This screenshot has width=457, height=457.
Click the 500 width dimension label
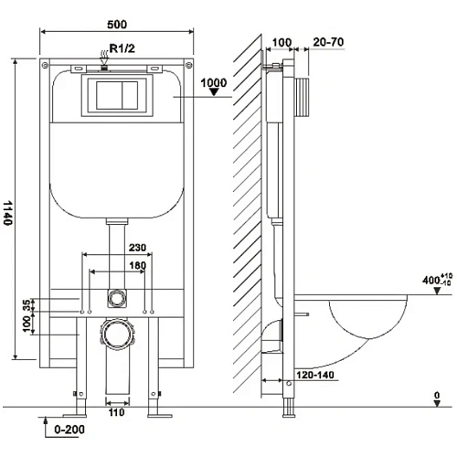[117, 25]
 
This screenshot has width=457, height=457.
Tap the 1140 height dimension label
[8, 213]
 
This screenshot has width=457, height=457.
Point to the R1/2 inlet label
[122, 48]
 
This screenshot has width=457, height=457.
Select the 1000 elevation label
[214, 82]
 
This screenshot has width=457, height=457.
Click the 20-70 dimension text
[328, 42]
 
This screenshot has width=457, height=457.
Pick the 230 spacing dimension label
[137, 247]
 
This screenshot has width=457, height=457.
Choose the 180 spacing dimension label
[138, 265]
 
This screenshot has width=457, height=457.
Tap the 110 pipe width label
[117, 412]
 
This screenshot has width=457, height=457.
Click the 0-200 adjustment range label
[69, 430]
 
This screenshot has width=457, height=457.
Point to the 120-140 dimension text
[315, 375]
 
